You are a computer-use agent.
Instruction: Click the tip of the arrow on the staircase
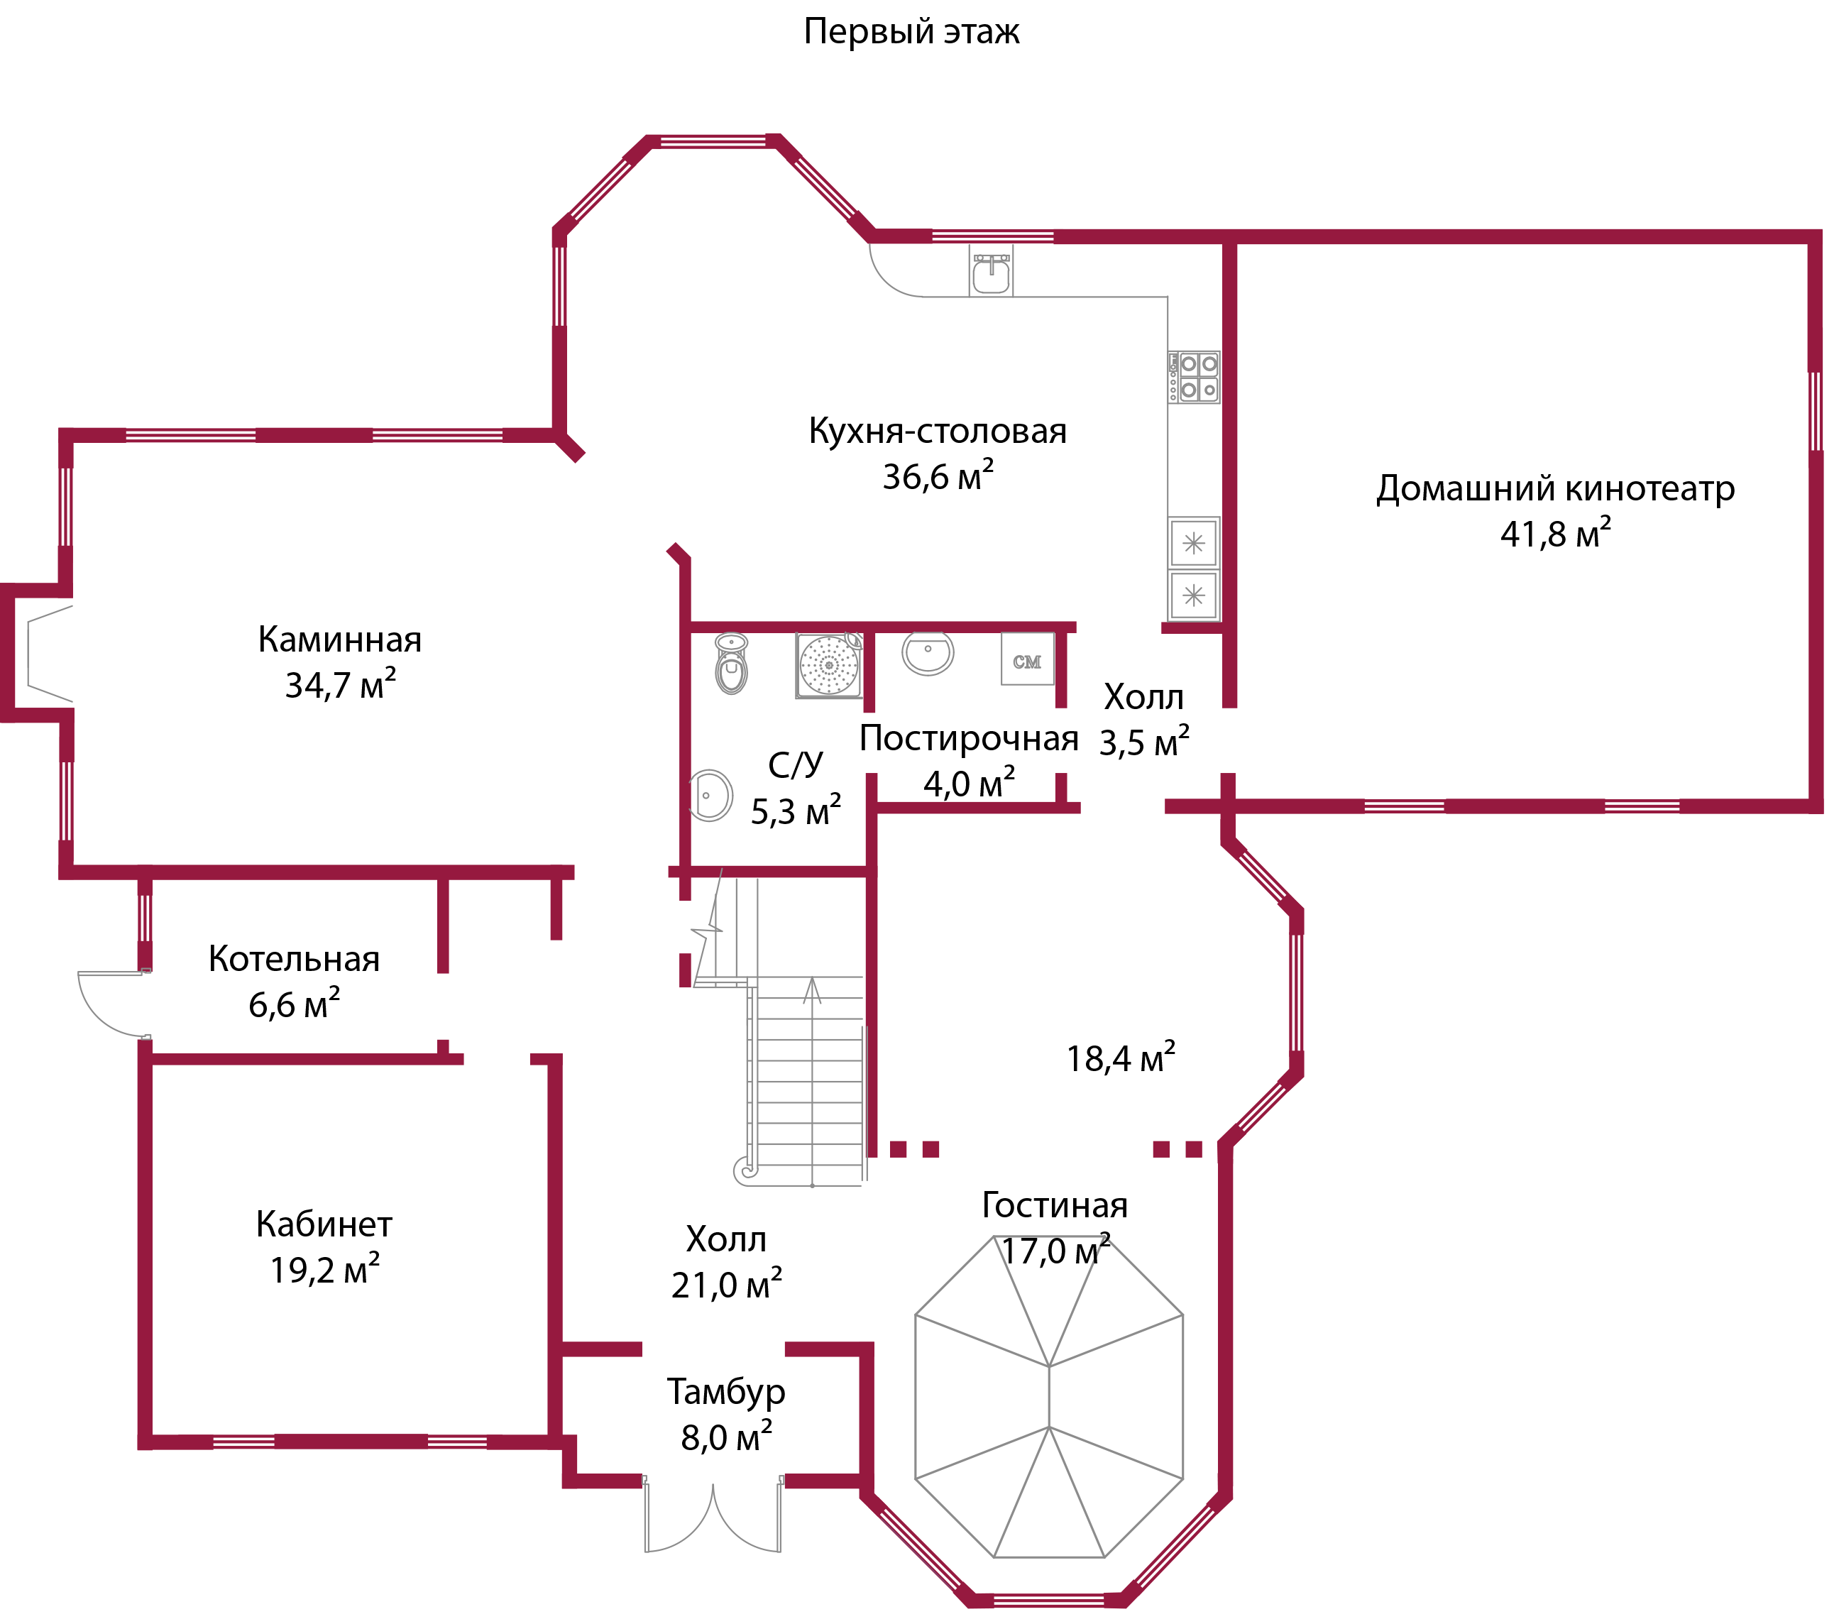click(813, 979)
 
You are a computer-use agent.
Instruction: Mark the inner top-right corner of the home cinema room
click(1809, 244)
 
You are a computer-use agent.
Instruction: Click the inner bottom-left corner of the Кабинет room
click(152, 1435)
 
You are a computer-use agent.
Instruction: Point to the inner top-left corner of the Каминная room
click(73, 443)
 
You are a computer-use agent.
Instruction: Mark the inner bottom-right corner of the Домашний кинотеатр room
click(1809, 800)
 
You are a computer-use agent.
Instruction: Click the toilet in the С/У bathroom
click(732, 664)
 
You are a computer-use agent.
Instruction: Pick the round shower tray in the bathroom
click(828, 666)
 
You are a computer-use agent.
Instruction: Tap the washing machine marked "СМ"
click(1028, 659)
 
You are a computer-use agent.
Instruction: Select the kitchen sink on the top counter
click(992, 273)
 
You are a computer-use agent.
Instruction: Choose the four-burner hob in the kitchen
click(1194, 377)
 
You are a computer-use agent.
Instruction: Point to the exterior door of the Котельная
click(112, 1002)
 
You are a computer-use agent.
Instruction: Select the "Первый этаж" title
click(911, 31)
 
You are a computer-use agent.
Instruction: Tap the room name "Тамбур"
click(726, 1392)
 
